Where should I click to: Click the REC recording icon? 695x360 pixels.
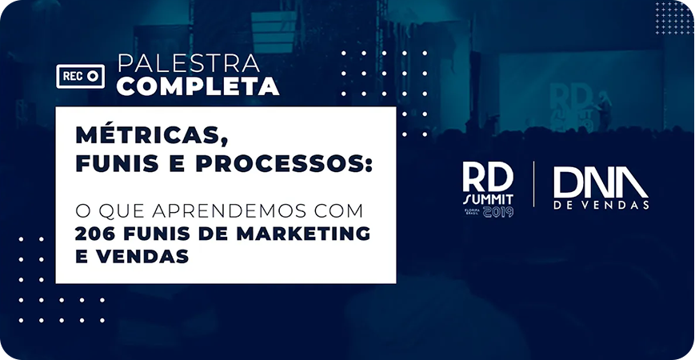point(81,76)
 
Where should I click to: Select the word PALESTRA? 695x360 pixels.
point(189,63)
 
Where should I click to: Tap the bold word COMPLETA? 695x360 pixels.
point(198,86)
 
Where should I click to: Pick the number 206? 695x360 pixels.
point(93,234)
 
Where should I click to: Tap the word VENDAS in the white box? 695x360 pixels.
point(142,257)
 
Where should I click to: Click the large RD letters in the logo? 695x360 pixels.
point(488,177)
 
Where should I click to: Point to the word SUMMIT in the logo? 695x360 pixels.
point(488,199)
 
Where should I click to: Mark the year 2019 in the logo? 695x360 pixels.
point(498,211)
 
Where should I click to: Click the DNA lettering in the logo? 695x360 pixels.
point(601,182)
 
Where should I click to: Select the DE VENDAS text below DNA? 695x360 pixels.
point(601,206)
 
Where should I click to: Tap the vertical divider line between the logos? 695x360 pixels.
point(533,184)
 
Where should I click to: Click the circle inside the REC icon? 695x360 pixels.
point(92,76)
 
